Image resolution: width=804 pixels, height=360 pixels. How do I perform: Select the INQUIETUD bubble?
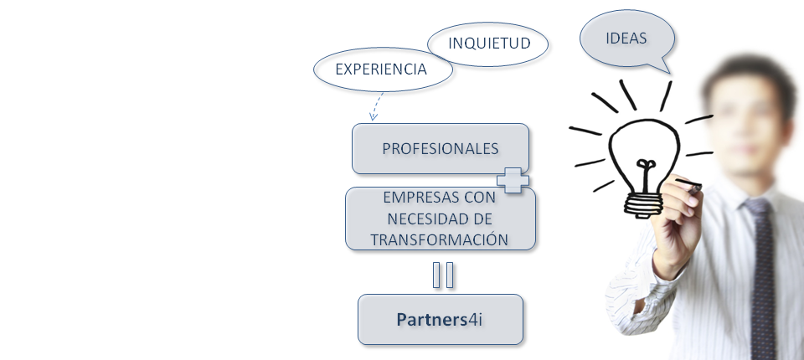489,44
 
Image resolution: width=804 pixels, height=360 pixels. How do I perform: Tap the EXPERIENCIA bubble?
382,69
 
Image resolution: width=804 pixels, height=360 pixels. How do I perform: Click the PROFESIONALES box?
440,148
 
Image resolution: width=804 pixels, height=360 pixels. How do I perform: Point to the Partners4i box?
440,319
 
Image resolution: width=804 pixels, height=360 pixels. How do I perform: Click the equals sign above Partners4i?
444,275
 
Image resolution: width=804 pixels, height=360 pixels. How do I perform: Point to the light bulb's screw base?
642,204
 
